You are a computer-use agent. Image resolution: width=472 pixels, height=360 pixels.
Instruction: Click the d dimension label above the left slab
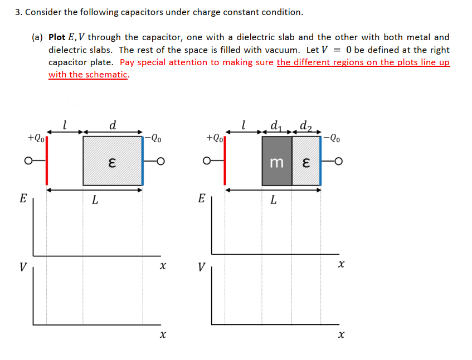point(113,125)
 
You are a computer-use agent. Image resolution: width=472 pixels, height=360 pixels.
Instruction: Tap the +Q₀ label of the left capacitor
point(36,137)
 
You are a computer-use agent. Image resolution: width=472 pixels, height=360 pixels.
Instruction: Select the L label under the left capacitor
point(95,201)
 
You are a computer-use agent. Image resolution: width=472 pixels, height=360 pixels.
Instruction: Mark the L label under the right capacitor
point(273,201)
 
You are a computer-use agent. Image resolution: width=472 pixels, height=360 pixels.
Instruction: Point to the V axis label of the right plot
point(201,266)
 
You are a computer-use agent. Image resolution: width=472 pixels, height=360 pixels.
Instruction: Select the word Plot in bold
point(57,37)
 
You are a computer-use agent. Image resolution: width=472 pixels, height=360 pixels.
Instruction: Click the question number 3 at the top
point(18,12)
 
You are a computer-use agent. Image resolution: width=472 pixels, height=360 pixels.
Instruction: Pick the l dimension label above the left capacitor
point(65,125)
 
